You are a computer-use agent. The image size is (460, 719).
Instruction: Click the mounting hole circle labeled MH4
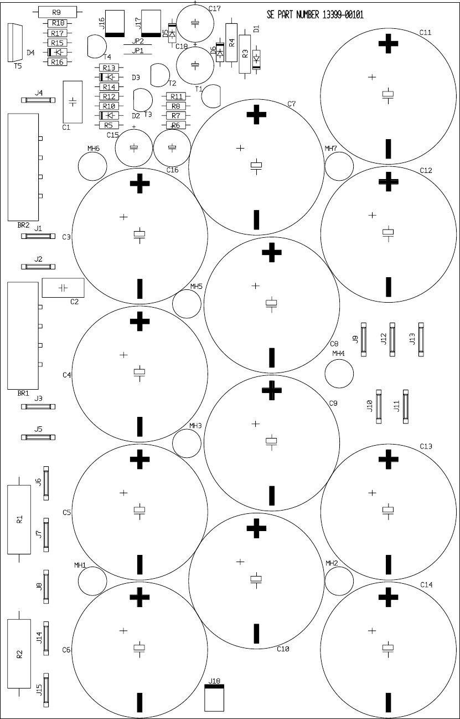click(339, 374)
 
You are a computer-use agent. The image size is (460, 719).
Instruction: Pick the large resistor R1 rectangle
click(19, 519)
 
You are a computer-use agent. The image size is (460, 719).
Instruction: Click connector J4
click(38, 100)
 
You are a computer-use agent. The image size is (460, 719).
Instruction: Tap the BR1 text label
click(23, 393)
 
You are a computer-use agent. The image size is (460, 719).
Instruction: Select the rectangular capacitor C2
click(63, 288)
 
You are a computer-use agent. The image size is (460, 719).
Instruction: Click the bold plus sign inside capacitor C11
click(389, 44)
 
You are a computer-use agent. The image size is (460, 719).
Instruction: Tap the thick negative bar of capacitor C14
click(389, 703)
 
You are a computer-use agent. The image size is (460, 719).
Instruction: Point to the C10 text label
click(283, 649)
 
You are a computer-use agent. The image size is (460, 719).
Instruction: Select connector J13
click(421, 339)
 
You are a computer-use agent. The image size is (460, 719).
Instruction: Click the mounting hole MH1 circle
click(92, 582)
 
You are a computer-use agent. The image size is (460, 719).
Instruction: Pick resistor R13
click(108, 68)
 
